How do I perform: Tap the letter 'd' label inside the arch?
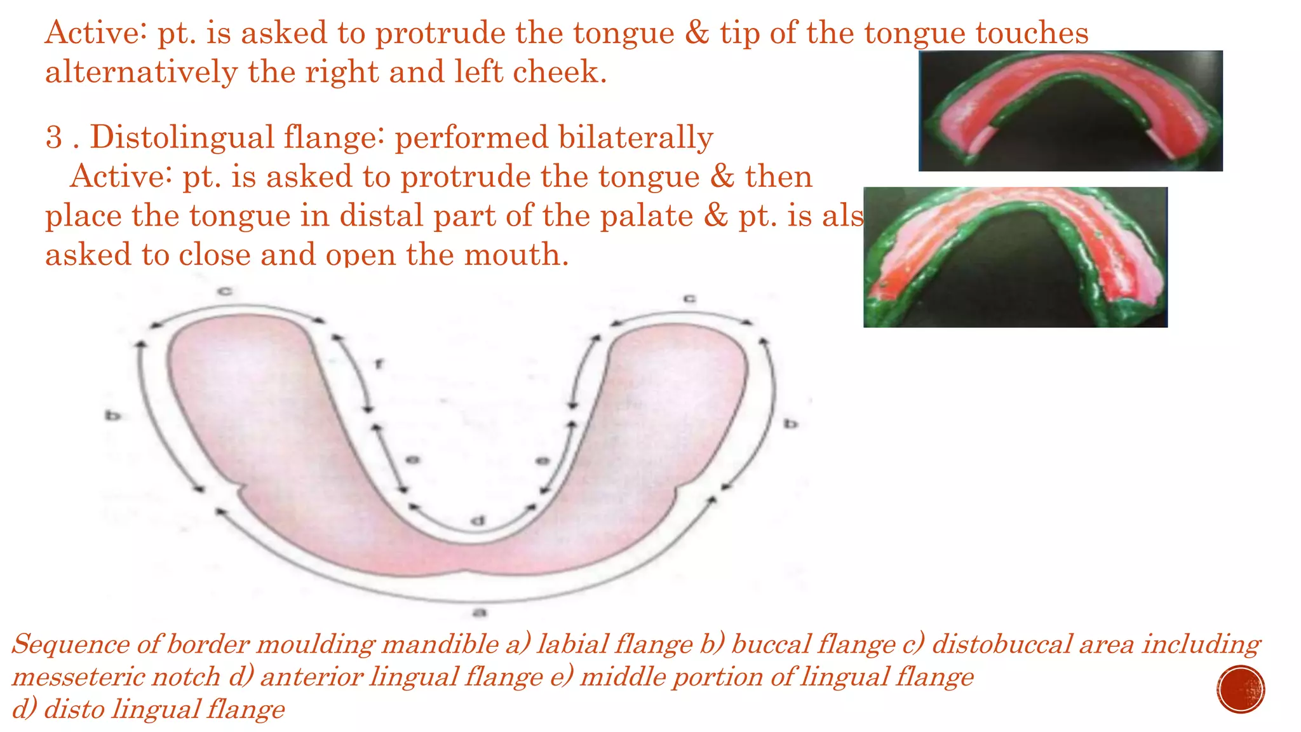pos(478,522)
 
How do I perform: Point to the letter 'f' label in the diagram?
pos(379,364)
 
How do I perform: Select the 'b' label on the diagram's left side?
pos(112,416)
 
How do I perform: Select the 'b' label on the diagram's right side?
pos(790,423)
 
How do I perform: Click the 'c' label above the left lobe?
pos(225,291)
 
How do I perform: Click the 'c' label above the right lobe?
pos(689,298)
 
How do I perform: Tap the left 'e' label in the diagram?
pos(412,459)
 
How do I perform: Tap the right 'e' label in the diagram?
pos(543,461)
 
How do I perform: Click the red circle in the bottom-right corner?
pos(1241,689)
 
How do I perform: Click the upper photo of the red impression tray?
pos(1070,111)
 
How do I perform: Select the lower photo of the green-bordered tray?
pos(1015,257)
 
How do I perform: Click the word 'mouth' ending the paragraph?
pos(514,255)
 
